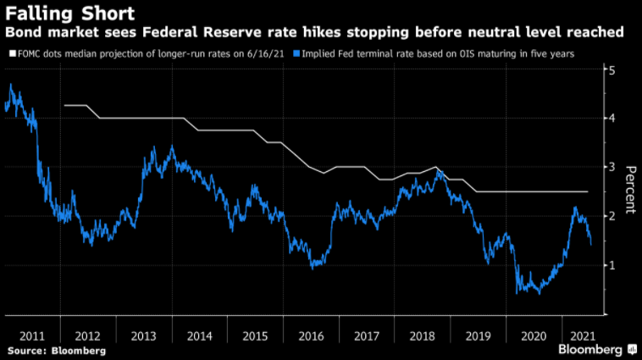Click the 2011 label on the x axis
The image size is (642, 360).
[x=33, y=335]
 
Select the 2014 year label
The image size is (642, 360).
[x=198, y=335]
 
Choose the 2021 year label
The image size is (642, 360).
[x=584, y=335]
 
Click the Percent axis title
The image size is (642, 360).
[x=630, y=191]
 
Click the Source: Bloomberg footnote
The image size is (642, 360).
[x=56, y=350]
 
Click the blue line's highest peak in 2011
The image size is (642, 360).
[x=11, y=84]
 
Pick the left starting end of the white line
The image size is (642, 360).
[x=64, y=105]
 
